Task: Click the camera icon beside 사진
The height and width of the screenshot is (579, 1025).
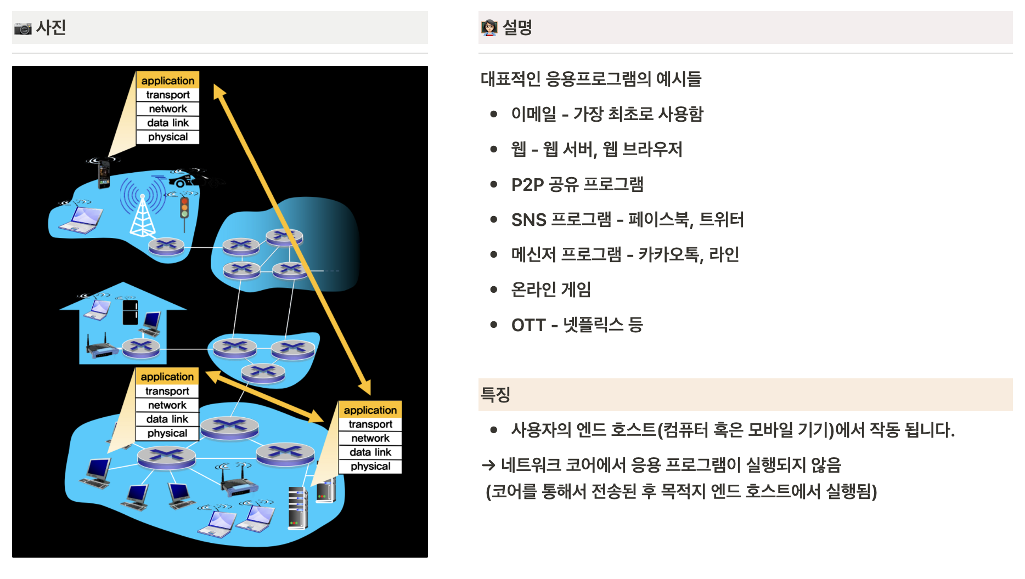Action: [22, 28]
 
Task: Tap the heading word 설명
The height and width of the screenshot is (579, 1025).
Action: [517, 27]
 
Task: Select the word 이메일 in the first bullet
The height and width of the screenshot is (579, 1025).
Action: [533, 114]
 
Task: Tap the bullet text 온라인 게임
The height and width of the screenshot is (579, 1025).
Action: [550, 289]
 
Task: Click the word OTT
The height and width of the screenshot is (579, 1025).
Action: [528, 325]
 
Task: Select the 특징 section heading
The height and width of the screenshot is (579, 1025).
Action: [495, 395]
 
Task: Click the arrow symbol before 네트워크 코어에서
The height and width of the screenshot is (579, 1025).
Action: [488, 466]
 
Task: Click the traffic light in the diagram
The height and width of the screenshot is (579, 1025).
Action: [184, 211]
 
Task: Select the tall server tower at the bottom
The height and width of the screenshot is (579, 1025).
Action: [297, 508]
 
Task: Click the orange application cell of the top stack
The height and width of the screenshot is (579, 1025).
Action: [168, 81]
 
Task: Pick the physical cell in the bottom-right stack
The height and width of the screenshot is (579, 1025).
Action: [370, 467]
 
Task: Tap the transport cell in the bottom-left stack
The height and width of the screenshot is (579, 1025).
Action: [167, 391]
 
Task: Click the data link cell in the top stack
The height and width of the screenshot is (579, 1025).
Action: [168, 123]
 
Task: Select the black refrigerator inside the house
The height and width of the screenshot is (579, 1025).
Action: [130, 312]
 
